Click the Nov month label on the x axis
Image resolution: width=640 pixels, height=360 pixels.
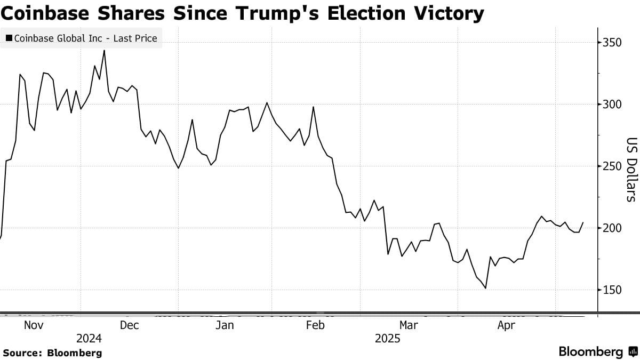pyautogui.click(x=34, y=325)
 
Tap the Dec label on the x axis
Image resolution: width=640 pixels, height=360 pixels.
pyautogui.click(x=129, y=325)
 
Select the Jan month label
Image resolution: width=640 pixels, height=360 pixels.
pyautogui.click(x=225, y=325)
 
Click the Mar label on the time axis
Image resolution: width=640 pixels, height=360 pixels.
pyautogui.click(x=409, y=325)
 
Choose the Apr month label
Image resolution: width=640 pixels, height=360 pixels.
pyautogui.click(x=506, y=325)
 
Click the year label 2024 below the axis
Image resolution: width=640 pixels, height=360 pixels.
pyautogui.click(x=89, y=338)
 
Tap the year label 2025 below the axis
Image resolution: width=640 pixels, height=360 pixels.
pyautogui.click(x=387, y=338)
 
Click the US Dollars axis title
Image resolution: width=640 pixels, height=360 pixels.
pyautogui.click(x=631, y=170)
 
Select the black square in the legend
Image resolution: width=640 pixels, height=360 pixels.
pyautogui.click(x=9, y=38)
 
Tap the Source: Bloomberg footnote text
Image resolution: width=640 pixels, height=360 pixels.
pyautogui.click(x=52, y=353)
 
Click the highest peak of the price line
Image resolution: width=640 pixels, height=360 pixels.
pyautogui.click(x=104, y=51)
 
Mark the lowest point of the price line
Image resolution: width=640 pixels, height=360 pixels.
pyautogui.click(x=485, y=289)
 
